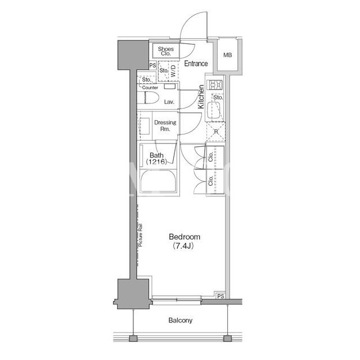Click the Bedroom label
coord(184,237)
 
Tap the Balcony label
coord(180,320)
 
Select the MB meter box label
coord(227,55)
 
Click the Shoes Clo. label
coord(166,51)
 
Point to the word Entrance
coord(196,64)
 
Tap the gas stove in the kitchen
coord(215,85)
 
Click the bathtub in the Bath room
coord(159,181)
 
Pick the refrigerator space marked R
coord(216,132)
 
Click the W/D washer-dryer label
coord(173,71)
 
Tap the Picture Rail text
coord(140,235)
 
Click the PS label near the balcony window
coord(220,296)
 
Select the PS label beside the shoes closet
coord(152,65)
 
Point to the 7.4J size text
coord(183,246)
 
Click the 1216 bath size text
coord(156,161)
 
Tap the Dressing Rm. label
coord(165,125)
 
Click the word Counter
coord(150,88)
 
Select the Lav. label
coord(169,102)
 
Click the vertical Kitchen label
coord(201,97)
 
